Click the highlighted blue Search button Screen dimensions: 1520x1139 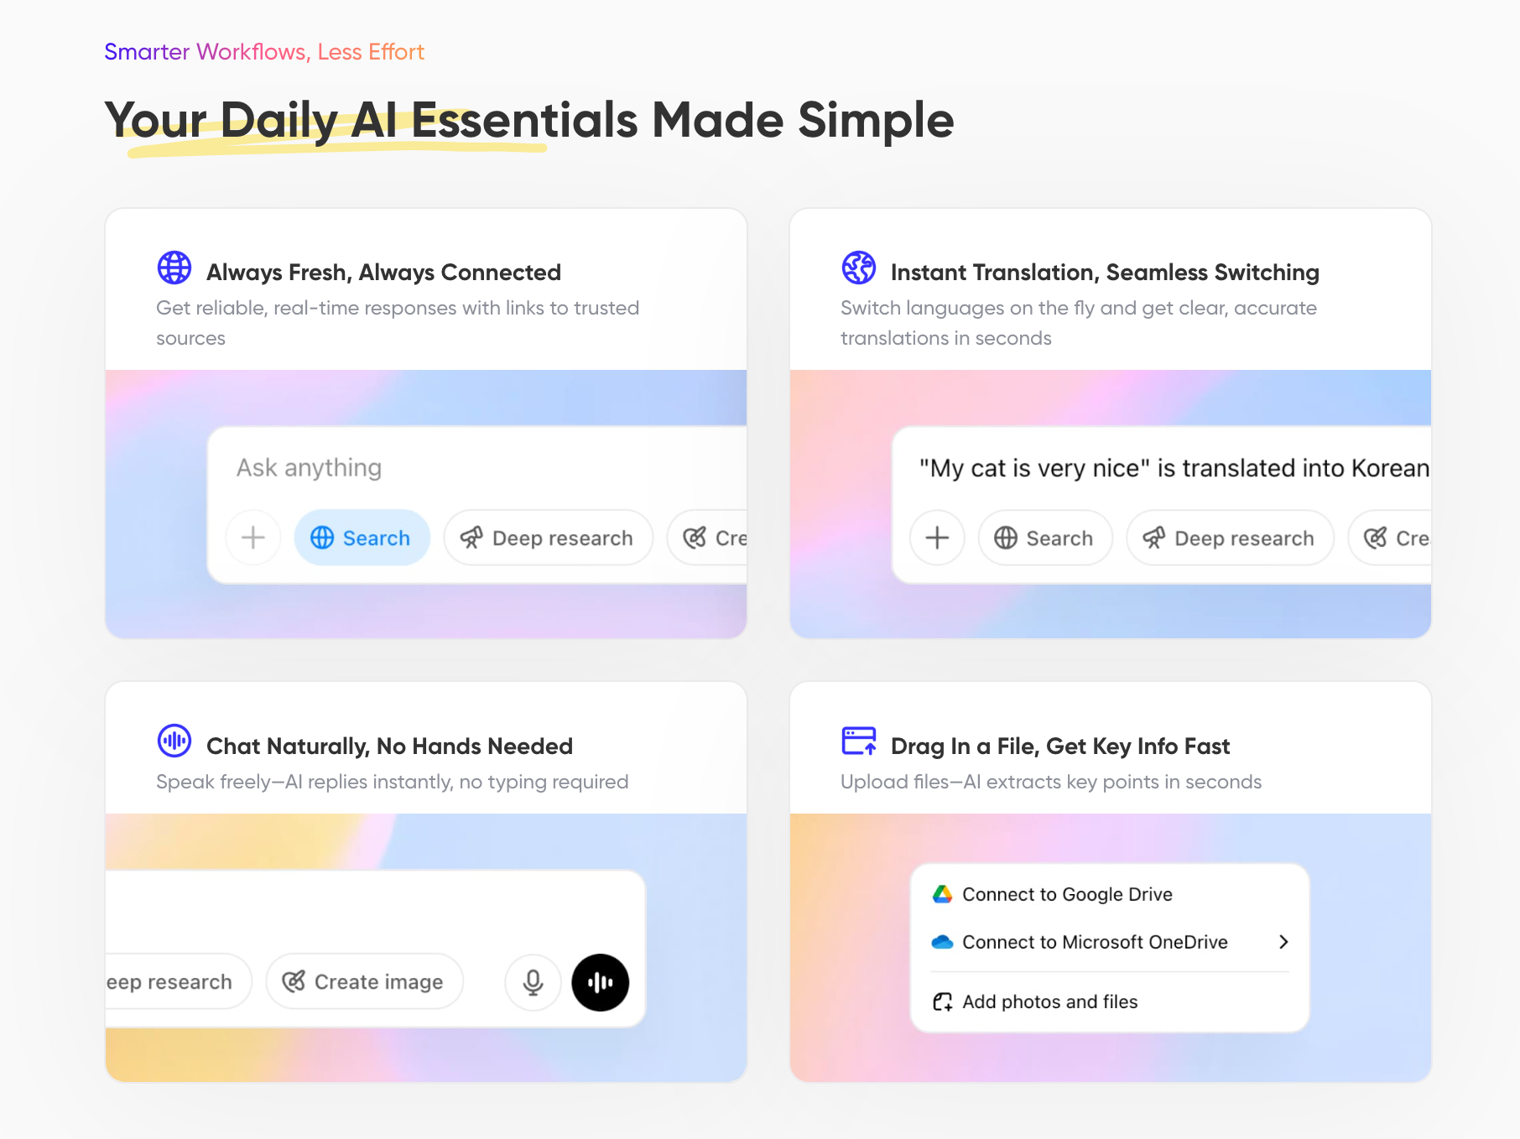[x=362, y=538]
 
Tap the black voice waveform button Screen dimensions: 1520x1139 [x=600, y=982]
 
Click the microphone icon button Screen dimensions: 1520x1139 [x=533, y=982]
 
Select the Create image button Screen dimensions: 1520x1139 [x=364, y=981]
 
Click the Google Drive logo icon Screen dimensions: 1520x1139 [x=942, y=894]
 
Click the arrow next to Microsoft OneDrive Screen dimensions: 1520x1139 [x=1283, y=942]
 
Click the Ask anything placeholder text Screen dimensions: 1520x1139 [x=309, y=467]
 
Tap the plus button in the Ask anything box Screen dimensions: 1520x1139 [x=252, y=538]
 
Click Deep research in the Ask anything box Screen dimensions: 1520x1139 [x=549, y=538]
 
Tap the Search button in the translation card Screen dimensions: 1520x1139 [x=1045, y=538]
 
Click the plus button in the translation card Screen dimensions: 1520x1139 [x=937, y=538]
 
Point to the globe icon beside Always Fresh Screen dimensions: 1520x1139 [x=174, y=268]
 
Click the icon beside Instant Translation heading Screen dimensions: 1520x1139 [x=859, y=268]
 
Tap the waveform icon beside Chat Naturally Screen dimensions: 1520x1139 [x=174, y=741]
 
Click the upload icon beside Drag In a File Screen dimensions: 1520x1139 [x=859, y=741]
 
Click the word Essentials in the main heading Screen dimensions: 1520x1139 [x=525, y=120]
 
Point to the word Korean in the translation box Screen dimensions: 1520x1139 [x=1390, y=468]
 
